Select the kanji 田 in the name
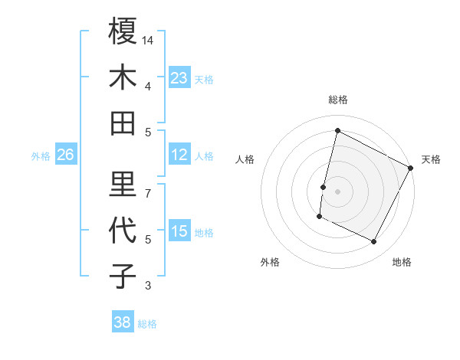click(123, 123)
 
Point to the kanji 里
click(123, 182)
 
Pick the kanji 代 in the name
click(123, 229)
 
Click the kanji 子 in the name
click(123, 275)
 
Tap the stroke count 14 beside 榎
click(149, 39)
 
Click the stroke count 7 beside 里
click(149, 192)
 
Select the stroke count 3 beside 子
click(149, 286)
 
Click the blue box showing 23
click(179, 77)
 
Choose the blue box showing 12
click(179, 155)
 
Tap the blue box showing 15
click(179, 231)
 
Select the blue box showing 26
click(65, 155)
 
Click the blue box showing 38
click(122, 322)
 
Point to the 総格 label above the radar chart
click(337, 100)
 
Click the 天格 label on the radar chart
click(431, 159)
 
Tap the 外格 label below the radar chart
click(270, 262)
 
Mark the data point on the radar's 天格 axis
click(411, 168)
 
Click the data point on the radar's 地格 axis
click(374, 242)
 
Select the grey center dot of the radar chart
click(337, 191)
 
